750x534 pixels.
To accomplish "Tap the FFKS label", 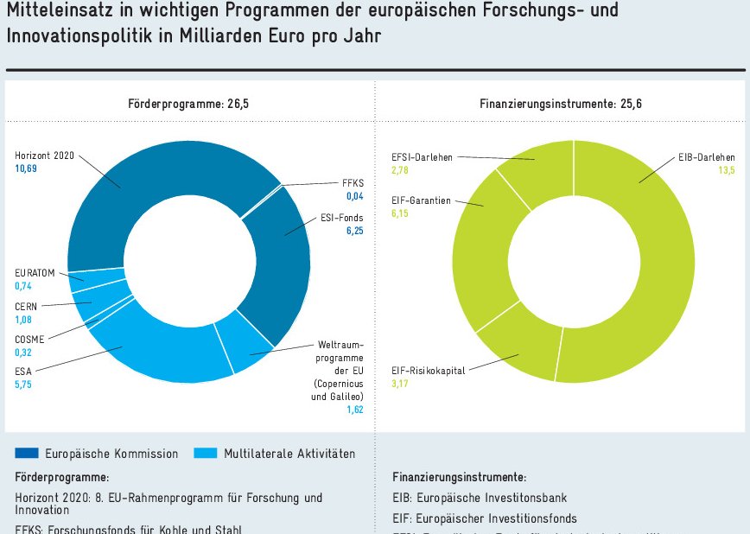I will tap(353, 184).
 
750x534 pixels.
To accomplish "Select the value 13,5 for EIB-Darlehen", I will tap(725, 171).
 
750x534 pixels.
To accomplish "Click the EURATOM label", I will tap(35, 273).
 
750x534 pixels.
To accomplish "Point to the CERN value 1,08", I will tap(22, 319).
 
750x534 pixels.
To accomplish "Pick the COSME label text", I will tap(30, 340).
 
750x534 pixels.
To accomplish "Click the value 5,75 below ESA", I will tap(22, 385).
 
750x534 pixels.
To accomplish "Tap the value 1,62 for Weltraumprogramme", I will tap(355, 410).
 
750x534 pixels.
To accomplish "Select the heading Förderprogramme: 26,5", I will tap(188, 104).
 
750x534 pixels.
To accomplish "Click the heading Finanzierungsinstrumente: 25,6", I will tap(561, 104).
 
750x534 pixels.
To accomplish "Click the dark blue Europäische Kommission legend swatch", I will tap(28, 453).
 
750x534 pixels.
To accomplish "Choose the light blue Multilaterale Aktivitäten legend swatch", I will tap(206, 453).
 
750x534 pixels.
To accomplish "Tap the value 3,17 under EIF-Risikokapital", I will tap(400, 384).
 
